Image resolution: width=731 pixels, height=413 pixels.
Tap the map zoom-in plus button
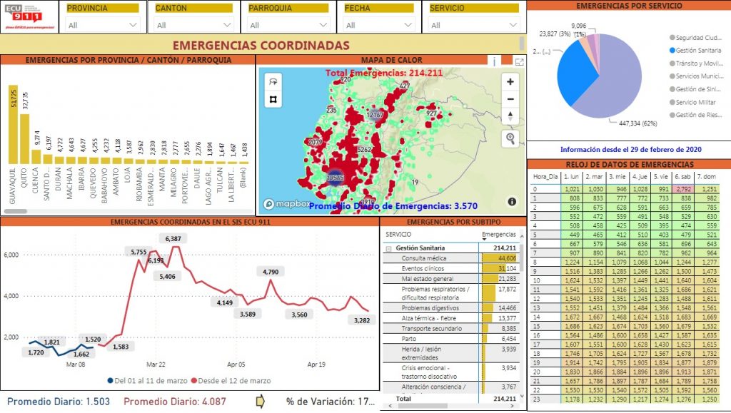click(x=510, y=81)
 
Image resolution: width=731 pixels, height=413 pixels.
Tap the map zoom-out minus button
click(x=510, y=99)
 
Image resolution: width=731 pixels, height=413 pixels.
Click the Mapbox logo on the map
click(x=286, y=204)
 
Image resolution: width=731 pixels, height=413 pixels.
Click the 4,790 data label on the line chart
click(x=270, y=272)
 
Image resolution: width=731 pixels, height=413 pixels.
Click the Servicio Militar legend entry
click(x=697, y=102)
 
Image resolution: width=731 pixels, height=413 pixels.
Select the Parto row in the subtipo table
click(x=408, y=339)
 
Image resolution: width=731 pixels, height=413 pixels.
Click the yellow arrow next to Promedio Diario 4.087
click(x=260, y=401)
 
